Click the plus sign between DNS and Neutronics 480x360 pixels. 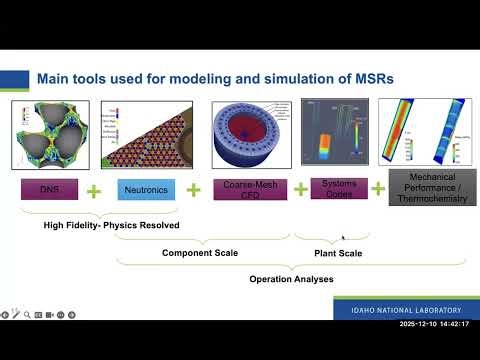[93, 189]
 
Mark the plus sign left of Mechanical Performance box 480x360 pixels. [379, 188]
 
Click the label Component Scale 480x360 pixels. [200, 253]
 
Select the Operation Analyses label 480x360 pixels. [291, 279]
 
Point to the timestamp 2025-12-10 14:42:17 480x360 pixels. [437, 325]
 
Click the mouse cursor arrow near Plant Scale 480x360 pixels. [344, 238]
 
